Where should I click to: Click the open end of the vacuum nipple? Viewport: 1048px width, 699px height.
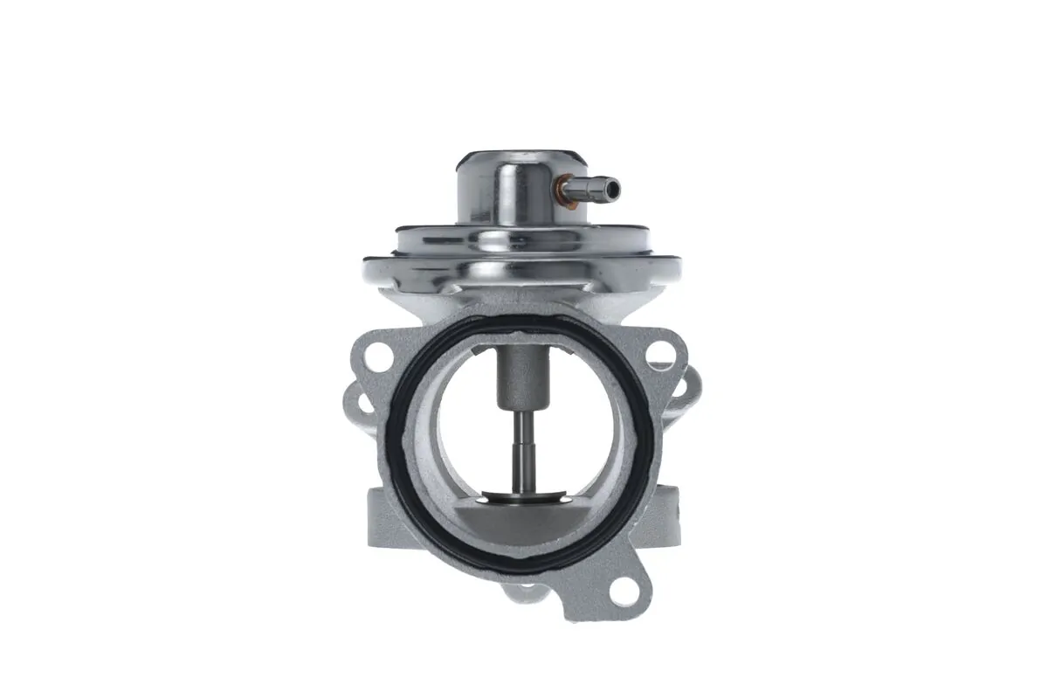tap(614, 187)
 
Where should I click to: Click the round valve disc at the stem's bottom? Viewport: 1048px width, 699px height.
tap(524, 501)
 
